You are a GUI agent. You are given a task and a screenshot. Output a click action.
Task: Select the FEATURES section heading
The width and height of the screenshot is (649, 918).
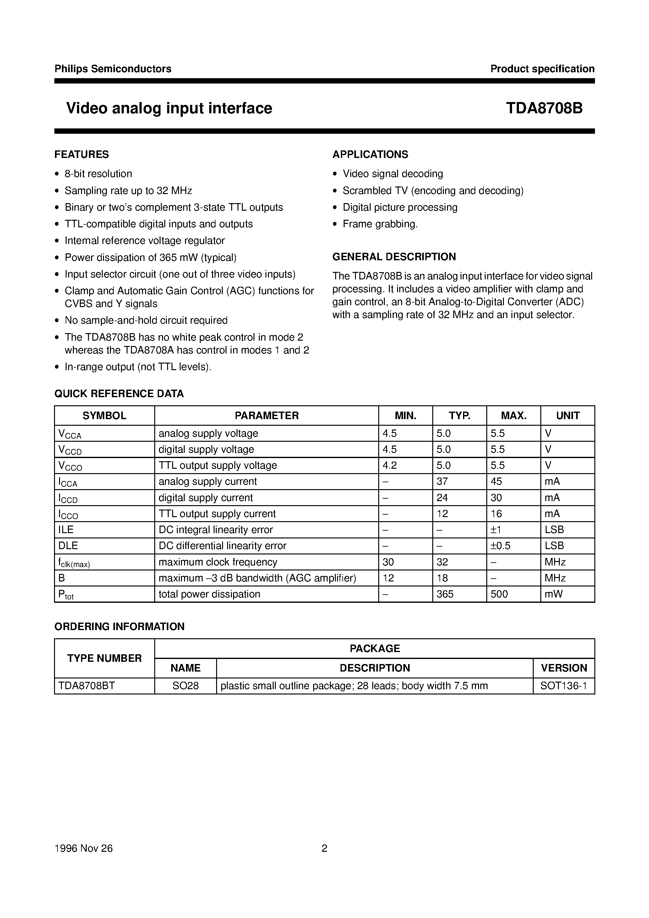[x=82, y=154]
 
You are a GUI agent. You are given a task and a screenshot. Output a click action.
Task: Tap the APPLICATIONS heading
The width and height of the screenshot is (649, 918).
[x=370, y=154]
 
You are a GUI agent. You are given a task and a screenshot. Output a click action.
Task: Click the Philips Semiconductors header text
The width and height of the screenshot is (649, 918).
[x=113, y=69]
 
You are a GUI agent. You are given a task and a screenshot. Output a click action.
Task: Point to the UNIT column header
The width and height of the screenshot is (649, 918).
[x=567, y=415]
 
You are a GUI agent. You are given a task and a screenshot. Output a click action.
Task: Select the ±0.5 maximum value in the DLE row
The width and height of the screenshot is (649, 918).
[x=500, y=546]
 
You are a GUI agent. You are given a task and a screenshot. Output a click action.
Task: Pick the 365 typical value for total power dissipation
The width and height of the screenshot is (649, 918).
[x=445, y=594]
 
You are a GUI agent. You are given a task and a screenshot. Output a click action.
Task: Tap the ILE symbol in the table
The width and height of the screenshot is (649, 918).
[x=66, y=530]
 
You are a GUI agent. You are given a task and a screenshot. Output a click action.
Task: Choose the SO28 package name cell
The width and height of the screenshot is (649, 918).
[x=185, y=686]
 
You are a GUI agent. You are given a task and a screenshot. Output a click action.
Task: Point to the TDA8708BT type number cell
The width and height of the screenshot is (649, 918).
[x=86, y=686]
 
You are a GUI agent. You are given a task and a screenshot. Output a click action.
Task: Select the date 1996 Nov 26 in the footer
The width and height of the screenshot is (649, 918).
[x=84, y=848]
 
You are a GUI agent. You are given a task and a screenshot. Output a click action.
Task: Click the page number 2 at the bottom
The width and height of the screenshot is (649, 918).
[x=324, y=848]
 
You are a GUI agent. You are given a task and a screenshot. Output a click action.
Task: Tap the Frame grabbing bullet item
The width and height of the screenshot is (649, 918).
[x=380, y=224]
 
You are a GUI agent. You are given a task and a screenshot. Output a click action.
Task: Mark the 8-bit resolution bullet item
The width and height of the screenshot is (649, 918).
[x=98, y=174]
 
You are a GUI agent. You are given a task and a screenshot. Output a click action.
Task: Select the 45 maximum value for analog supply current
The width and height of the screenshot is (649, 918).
[x=496, y=481]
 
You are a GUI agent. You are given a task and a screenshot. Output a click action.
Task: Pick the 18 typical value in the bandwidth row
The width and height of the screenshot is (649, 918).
[x=442, y=578]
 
